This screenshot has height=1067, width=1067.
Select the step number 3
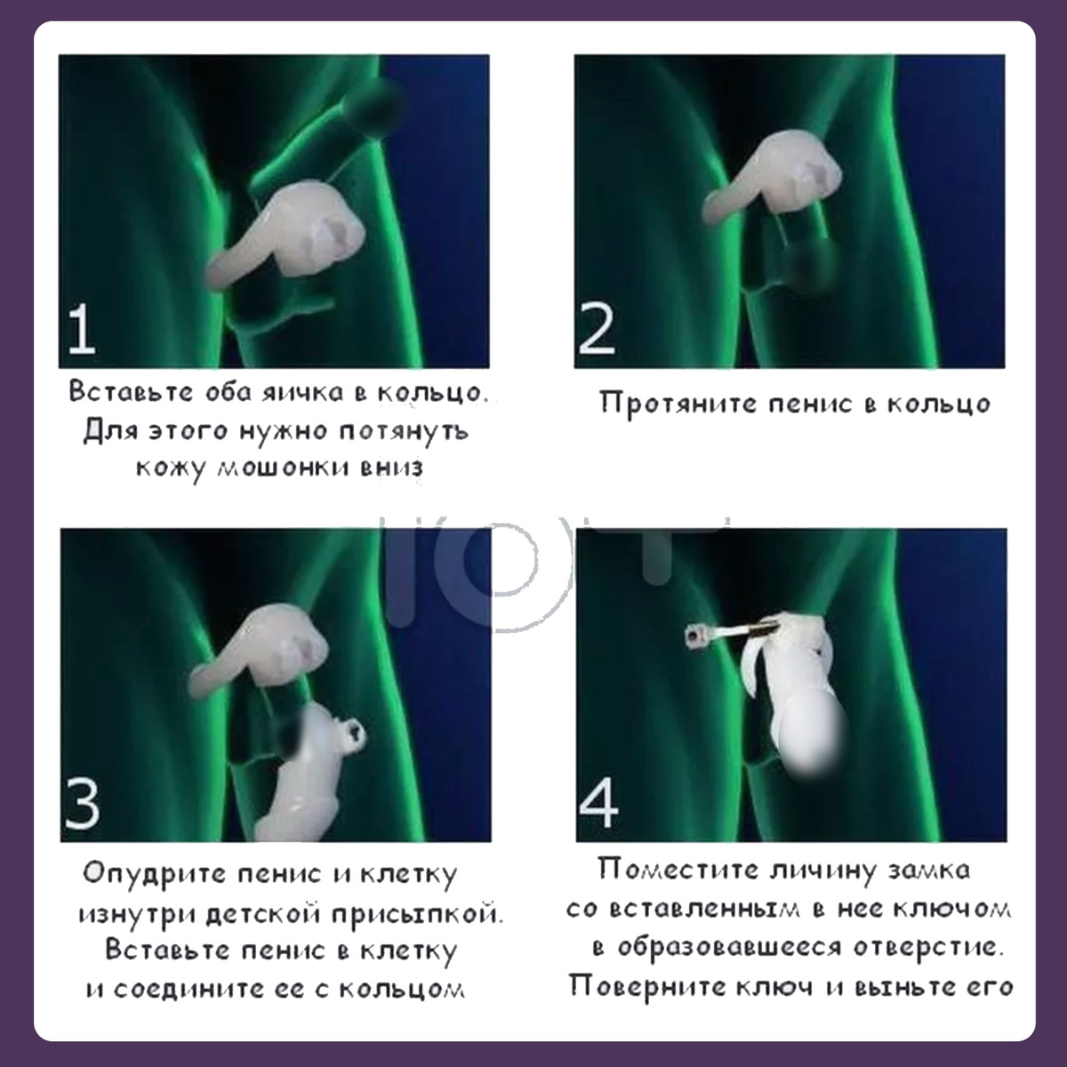tap(83, 804)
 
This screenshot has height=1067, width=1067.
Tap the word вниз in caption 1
tap(391, 468)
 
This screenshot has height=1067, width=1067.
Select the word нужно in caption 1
tap(284, 431)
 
